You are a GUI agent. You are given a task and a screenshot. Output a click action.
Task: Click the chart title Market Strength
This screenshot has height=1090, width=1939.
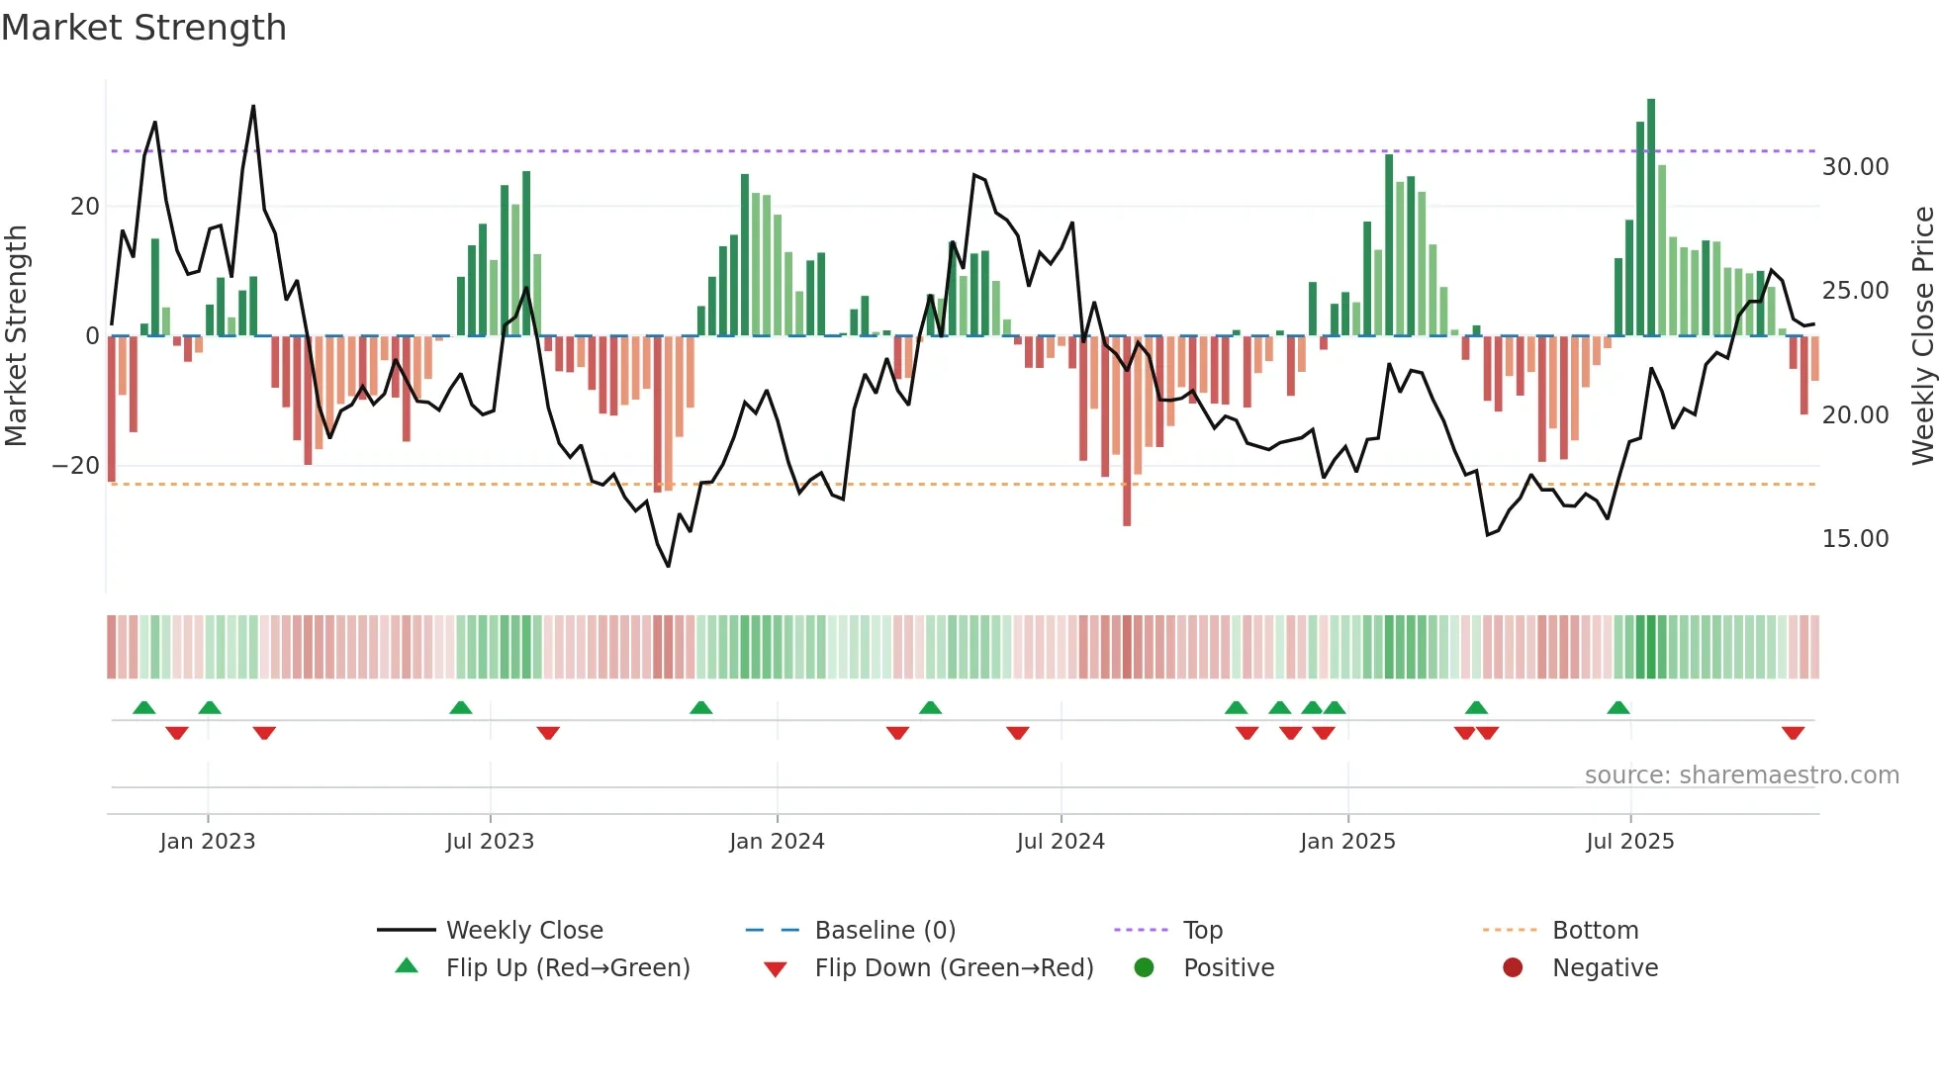[x=143, y=28]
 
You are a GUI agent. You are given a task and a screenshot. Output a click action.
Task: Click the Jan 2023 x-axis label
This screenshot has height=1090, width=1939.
[x=208, y=842]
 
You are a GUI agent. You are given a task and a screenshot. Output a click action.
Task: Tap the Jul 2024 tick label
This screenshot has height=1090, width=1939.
[x=1061, y=842]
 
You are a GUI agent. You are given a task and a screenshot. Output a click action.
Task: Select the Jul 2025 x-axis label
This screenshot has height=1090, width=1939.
[x=1629, y=842]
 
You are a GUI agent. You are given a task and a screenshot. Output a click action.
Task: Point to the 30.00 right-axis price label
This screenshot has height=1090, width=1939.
[x=1855, y=167]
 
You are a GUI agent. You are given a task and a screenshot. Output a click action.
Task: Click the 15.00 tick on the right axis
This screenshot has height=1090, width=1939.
[x=1855, y=539]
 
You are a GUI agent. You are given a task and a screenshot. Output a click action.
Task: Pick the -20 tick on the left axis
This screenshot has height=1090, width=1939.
[x=76, y=466]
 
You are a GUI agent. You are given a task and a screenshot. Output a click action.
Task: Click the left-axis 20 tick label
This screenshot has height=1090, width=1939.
[x=85, y=207]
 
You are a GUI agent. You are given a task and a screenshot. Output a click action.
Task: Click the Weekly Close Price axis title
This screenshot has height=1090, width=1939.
[x=1922, y=336]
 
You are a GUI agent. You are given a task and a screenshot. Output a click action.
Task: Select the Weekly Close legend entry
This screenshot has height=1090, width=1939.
[x=524, y=931]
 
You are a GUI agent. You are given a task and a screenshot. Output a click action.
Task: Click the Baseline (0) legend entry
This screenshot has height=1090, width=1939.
[x=884, y=931]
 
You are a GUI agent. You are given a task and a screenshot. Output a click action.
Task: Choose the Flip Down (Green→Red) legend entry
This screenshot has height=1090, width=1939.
[x=954, y=968]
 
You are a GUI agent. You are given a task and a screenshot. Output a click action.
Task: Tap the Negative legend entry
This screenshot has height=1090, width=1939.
[x=1605, y=968]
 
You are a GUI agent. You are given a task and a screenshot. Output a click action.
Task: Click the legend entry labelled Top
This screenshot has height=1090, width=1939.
[x=1203, y=931]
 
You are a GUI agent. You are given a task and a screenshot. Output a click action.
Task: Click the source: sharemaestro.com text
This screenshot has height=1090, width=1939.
[x=1741, y=775]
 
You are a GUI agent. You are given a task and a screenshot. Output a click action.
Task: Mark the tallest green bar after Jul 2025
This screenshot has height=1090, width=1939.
[x=1651, y=218]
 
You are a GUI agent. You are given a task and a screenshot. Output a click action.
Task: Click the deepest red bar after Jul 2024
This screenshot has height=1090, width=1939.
[x=1127, y=430]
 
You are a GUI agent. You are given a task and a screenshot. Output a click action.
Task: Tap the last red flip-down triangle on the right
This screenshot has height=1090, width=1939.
[x=1793, y=733]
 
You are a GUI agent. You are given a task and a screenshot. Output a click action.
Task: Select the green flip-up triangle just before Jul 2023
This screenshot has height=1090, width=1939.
[x=461, y=707]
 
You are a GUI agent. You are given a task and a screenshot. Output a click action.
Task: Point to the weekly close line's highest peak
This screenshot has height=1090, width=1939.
[x=253, y=107]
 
